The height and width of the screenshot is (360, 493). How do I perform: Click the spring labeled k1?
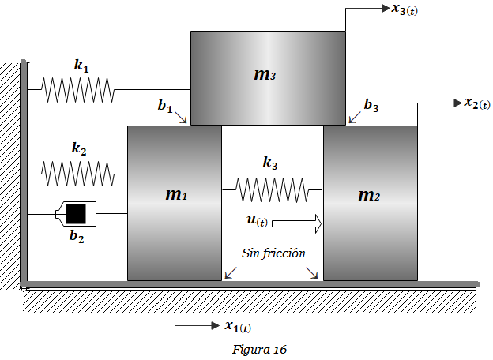77,90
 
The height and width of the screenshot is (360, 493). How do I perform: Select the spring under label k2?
77,174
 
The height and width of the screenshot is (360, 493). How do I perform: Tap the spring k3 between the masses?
273,189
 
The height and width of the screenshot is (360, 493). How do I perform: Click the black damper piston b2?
76,214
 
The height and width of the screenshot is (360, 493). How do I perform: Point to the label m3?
265,75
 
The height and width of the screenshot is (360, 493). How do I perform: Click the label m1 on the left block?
176,195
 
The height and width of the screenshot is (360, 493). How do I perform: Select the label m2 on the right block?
369,195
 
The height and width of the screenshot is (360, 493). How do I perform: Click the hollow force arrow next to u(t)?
297,223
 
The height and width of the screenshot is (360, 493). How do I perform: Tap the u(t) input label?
258,221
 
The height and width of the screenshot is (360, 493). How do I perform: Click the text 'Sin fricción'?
273,253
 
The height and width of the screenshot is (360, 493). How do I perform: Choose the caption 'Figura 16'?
260,349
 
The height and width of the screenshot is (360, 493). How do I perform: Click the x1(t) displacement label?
238,327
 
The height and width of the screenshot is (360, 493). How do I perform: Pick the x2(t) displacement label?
477,103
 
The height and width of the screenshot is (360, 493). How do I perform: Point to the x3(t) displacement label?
405,9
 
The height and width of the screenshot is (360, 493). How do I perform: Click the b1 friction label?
165,106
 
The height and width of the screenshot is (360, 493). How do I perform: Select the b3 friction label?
371,105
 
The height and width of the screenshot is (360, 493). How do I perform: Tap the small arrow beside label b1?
181,117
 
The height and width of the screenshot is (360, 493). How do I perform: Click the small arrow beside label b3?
355,117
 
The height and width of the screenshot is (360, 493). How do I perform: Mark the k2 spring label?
79,148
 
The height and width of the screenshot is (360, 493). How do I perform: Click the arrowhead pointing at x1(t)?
216,325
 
